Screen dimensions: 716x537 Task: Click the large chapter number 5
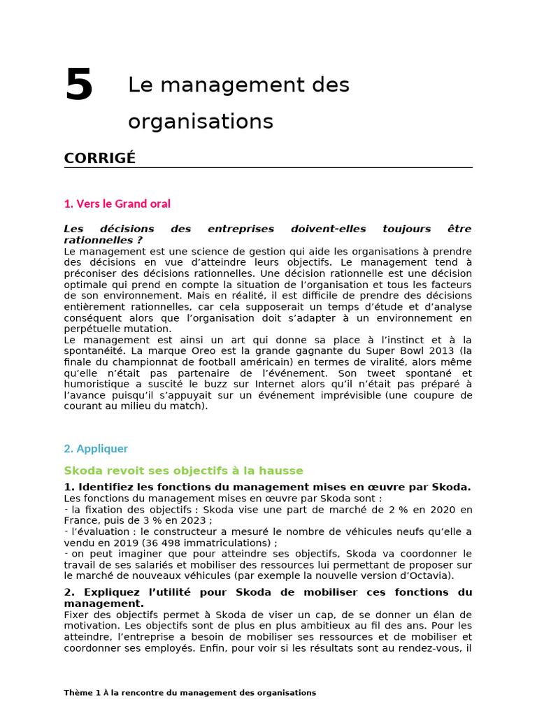79,85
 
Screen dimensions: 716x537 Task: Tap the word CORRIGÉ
99,158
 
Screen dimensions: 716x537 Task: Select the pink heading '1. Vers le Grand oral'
117,203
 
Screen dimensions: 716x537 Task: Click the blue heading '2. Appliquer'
96,448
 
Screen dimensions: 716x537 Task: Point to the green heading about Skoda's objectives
183,471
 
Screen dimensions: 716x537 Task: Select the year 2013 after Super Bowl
441,350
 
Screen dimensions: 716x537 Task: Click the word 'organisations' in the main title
200,122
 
